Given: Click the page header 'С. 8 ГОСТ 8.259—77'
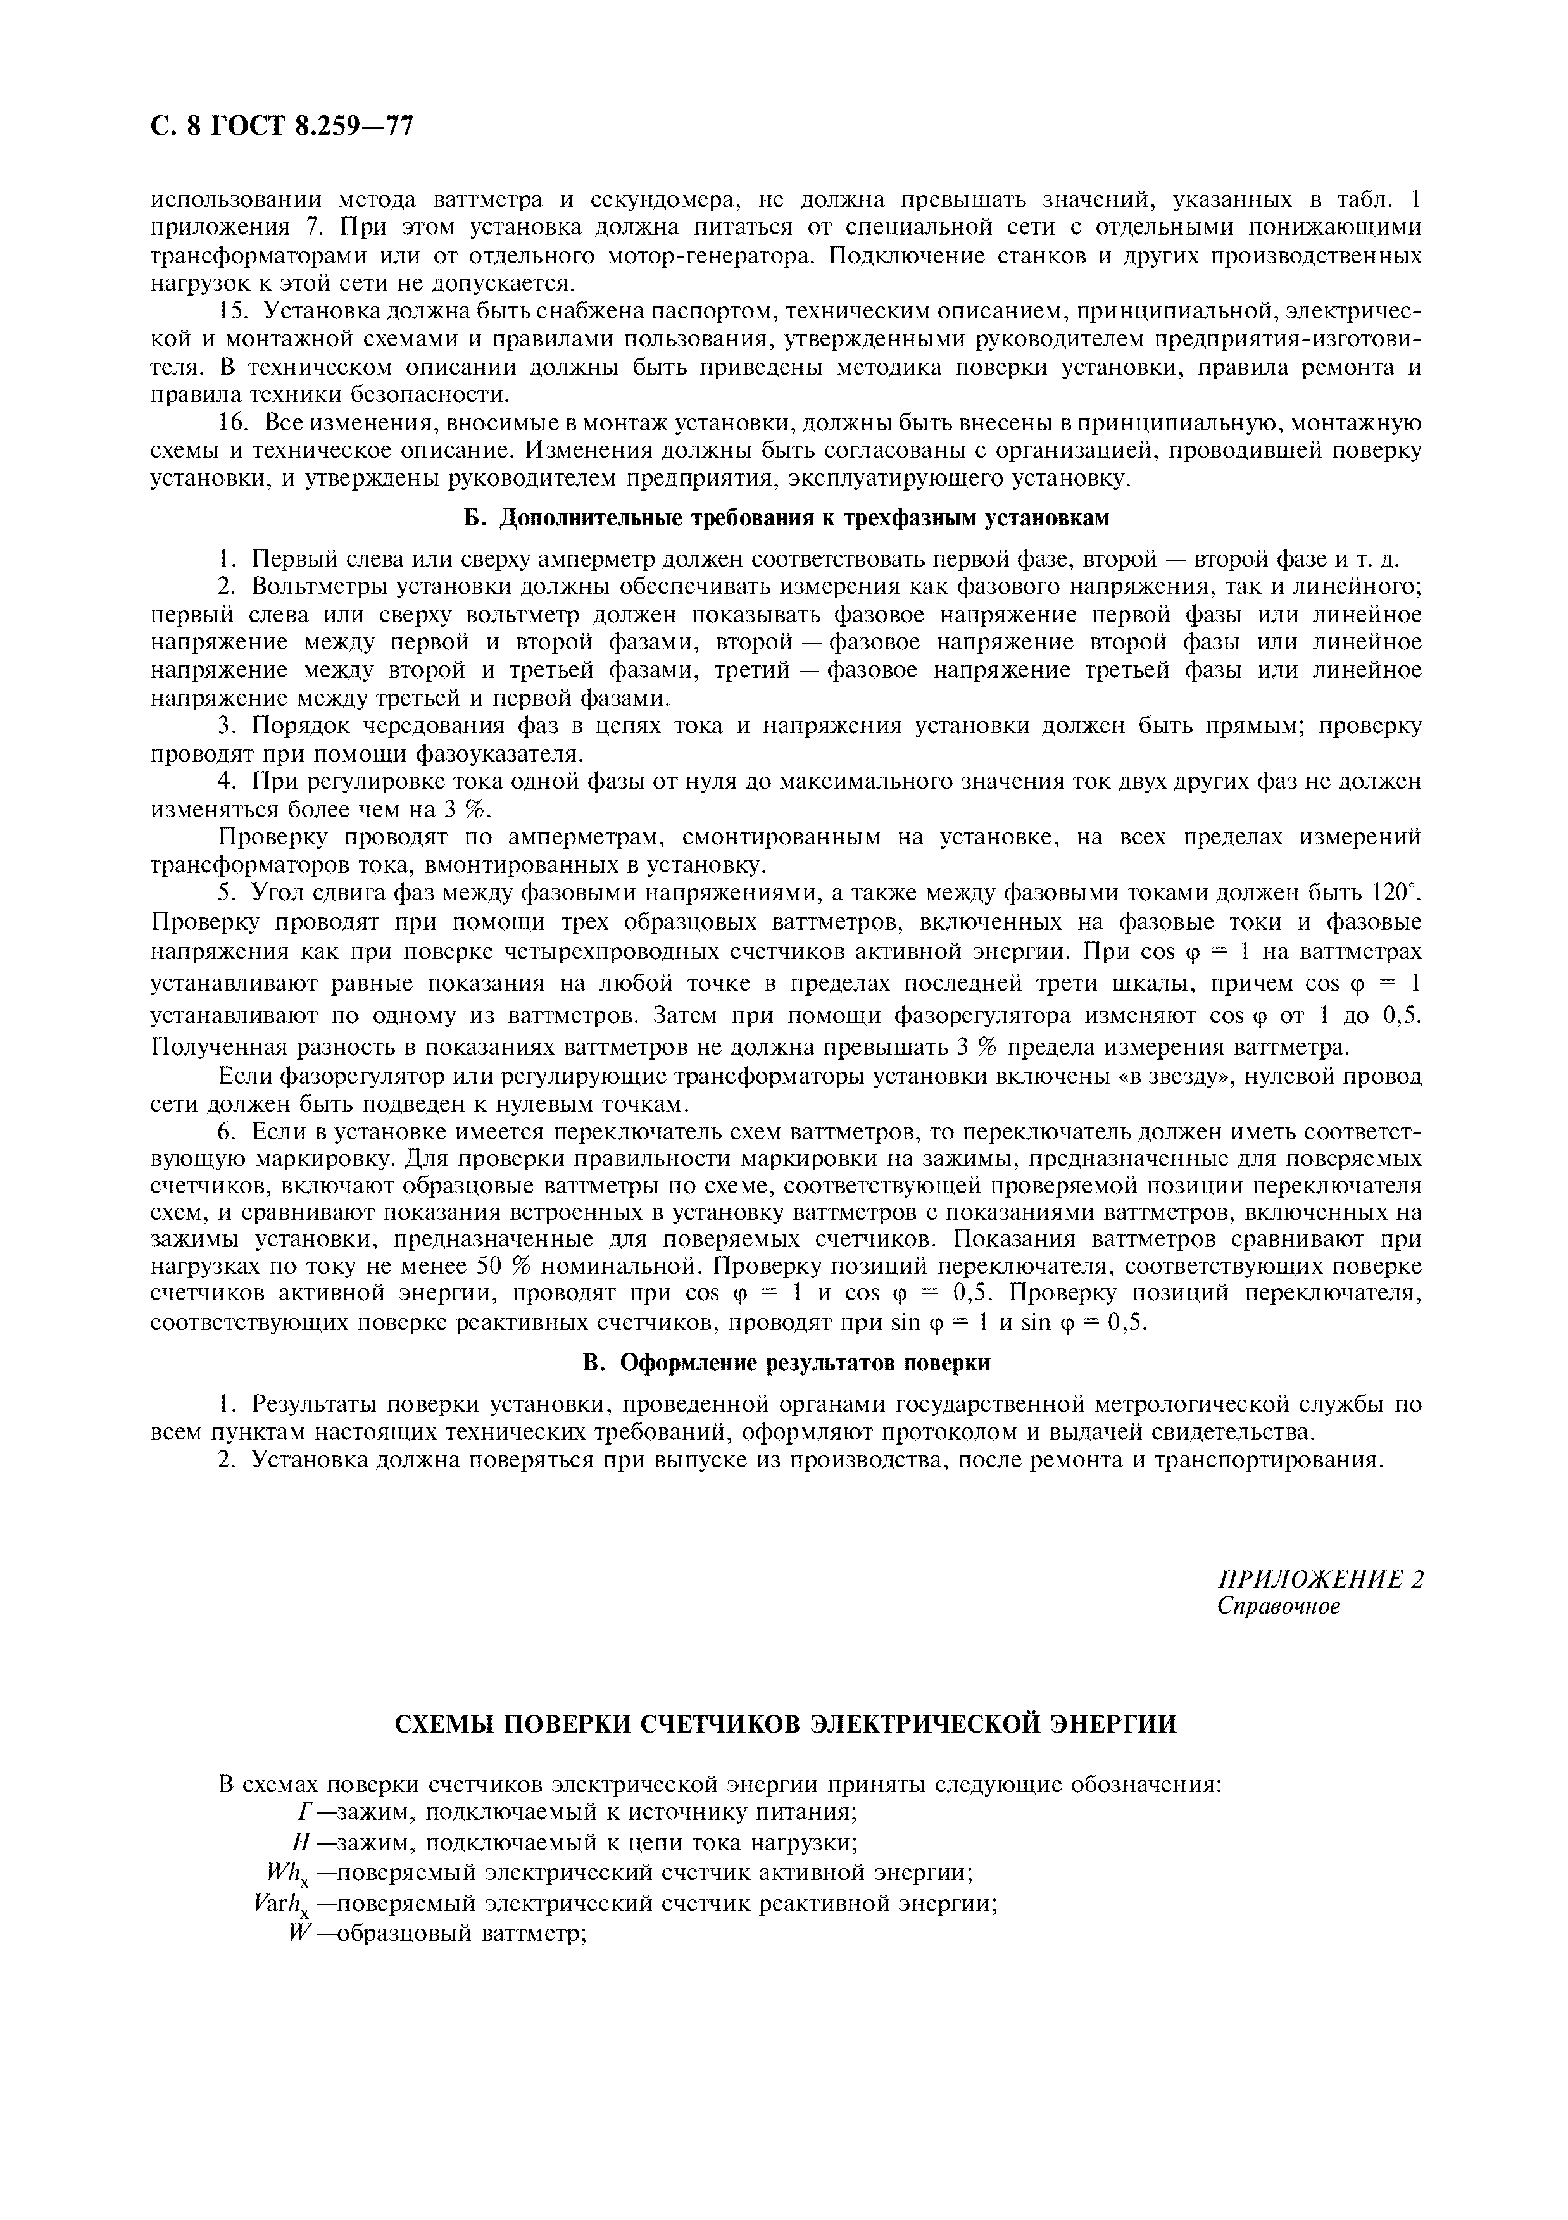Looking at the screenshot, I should point(281,127).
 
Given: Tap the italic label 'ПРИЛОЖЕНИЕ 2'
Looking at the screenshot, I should point(1320,1579).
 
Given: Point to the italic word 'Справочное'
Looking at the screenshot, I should point(1279,1606).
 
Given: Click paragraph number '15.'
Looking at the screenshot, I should point(235,311).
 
